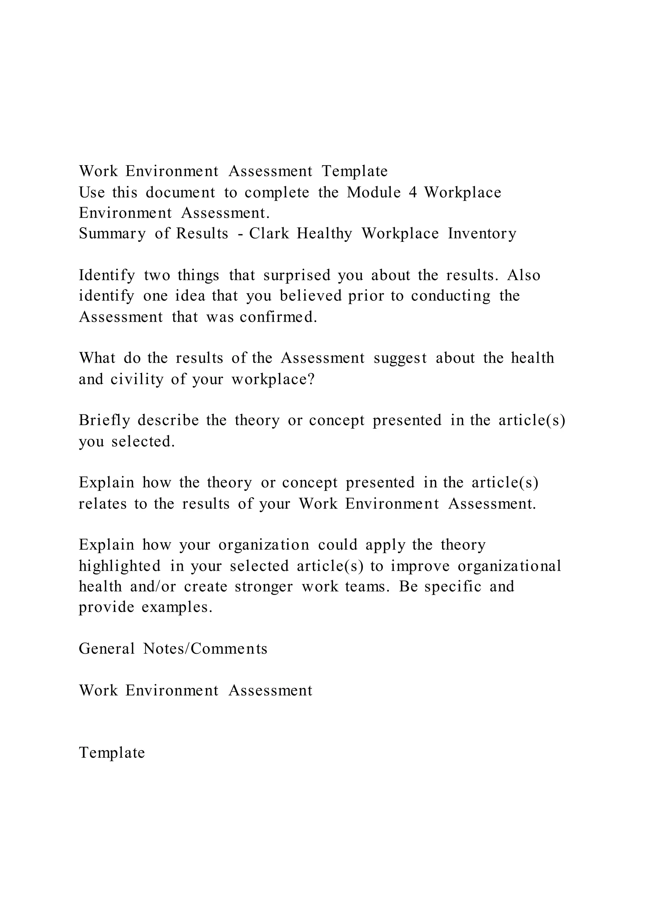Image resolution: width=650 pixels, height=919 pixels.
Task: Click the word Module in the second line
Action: coord(374,193)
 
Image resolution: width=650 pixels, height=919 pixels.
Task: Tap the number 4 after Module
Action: coord(413,193)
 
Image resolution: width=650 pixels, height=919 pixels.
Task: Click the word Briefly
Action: coord(104,420)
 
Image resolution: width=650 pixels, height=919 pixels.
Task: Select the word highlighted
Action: coord(120,566)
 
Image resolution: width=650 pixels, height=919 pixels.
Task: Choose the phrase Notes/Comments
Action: coord(205,649)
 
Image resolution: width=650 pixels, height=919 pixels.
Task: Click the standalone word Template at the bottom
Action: coord(112,752)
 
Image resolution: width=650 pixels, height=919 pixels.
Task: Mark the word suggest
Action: coord(400,358)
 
